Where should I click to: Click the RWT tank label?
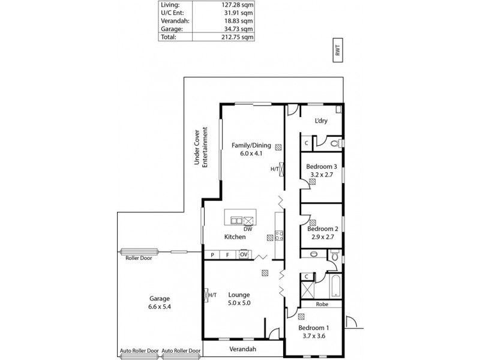[x=338, y=51]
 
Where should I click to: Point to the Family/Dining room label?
[x=252, y=145]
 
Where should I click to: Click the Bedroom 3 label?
[x=322, y=166]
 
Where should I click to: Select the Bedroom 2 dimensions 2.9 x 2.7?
[x=323, y=237]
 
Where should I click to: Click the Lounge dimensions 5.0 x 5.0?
[x=239, y=303]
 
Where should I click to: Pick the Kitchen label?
[x=235, y=237]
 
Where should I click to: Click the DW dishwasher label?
[x=247, y=229]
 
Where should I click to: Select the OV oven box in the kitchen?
[x=244, y=255]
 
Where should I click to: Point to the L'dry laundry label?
[x=321, y=121]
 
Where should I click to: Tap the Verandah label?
[x=243, y=349]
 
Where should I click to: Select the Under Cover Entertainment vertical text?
[x=200, y=147]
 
